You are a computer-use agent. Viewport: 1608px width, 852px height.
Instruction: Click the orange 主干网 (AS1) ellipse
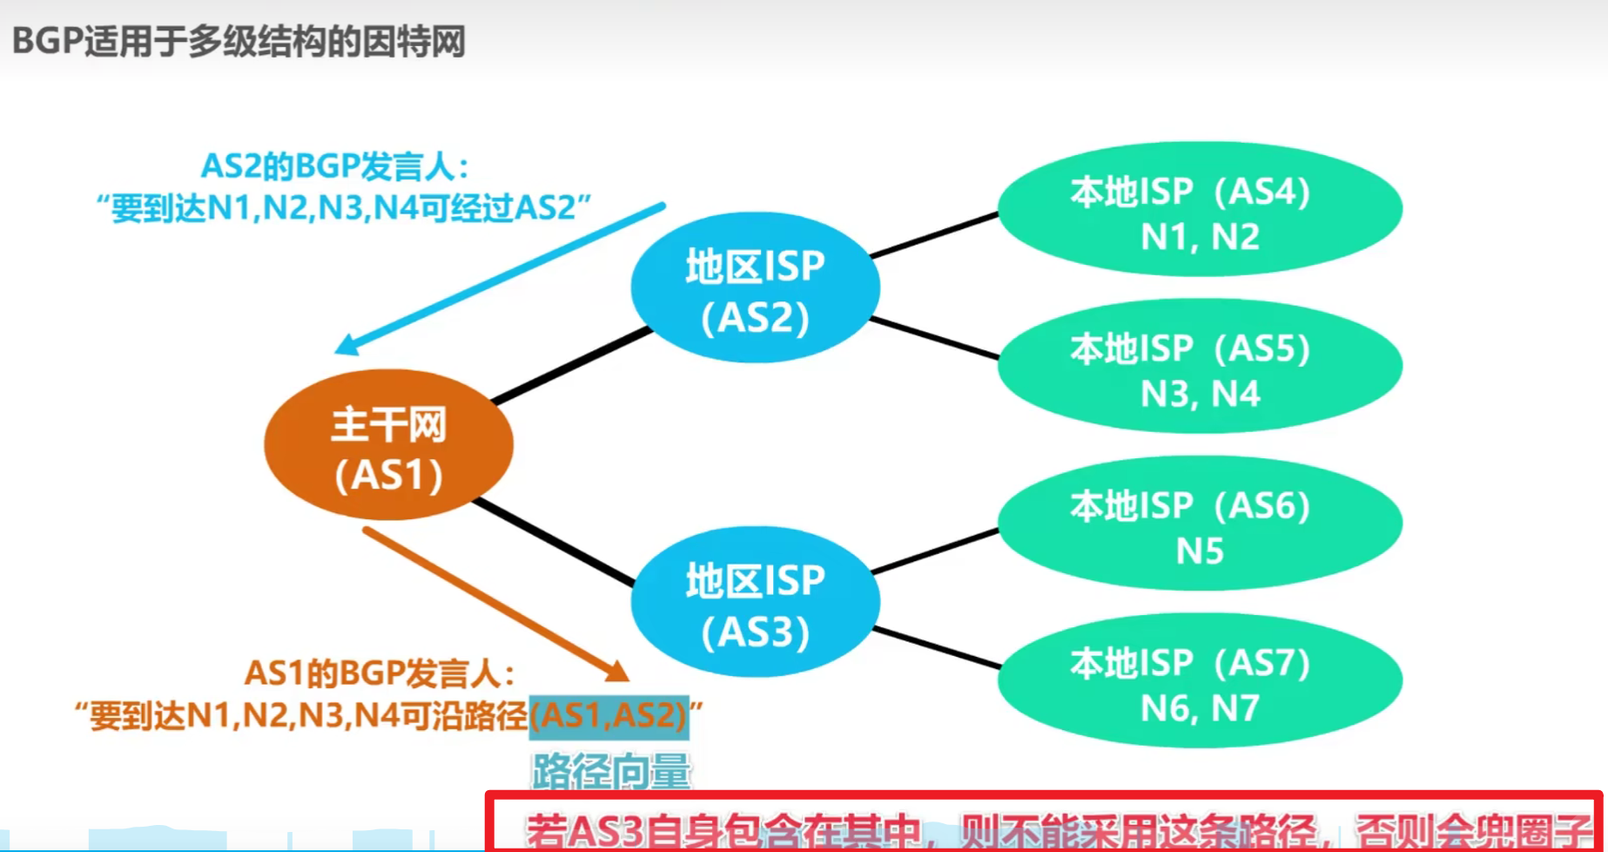pyautogui.click(x=388, y=444)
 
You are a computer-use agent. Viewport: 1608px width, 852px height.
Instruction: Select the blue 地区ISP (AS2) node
pyautogui.click(x=755, y=287)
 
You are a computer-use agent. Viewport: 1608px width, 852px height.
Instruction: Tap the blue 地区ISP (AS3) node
pyautogui.click(x=755, y=602)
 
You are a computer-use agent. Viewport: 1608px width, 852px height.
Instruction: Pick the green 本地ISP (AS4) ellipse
pyautogui.click(x=1200, y=209)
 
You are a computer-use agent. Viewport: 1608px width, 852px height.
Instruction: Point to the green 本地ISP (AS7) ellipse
pyautogui.click(x=1200, y=680)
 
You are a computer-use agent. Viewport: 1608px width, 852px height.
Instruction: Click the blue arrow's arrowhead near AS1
pyautogui.click(x=346, y=346)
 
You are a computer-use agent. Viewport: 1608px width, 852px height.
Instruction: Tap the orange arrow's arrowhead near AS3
pyautogui.click(x=617, y=671)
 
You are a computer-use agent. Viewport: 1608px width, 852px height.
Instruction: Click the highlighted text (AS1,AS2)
pyautogui.click(x=609, y=716)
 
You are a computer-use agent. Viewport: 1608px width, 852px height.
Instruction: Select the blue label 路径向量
pyautogui.click(x=611, y=771)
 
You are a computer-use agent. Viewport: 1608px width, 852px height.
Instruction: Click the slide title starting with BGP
pyautogui.click(x=239, y=41)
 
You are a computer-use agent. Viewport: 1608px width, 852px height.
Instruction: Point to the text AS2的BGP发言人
pyautogui.click(x=334, y=166)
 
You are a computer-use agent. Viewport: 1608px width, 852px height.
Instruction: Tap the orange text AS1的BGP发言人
pyautogui.click(x=380, y=673)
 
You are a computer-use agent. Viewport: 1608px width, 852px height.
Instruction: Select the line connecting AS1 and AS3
pyautogui.click(x=554, y=542)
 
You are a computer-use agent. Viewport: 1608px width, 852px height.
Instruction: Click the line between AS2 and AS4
pyautogui.click(x=934, y=235)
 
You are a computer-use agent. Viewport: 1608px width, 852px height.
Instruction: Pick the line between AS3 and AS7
pyautogui.click(x=937, y=648)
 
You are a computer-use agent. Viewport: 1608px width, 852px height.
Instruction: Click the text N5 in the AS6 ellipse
pyautogui.click(x=1200, y=551)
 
